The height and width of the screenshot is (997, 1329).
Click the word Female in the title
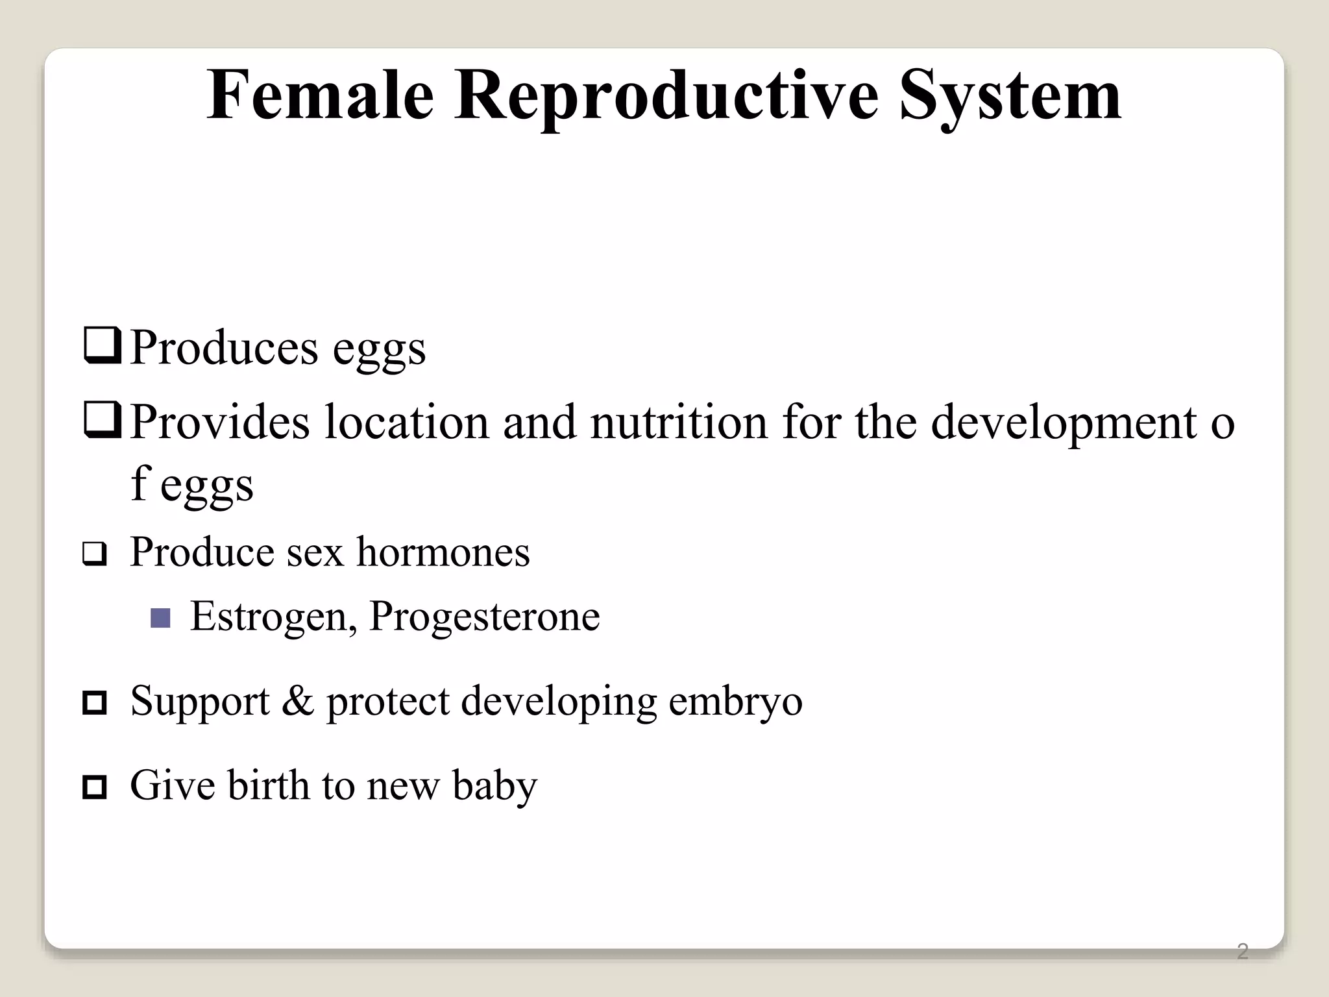coord(320,96)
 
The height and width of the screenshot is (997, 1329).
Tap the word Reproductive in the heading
coord(666,96)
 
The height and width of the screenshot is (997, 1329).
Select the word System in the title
coord(1010,96)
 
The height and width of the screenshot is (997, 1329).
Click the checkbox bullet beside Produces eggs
coord(102,347)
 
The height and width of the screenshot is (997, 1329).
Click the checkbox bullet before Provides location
coord(102,421)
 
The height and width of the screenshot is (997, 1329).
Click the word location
coord(407,422)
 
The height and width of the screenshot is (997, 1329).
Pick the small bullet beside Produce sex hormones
coord(95,554)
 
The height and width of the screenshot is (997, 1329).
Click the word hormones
coord(443,552)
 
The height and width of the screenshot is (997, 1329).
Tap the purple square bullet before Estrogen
coord(160,617)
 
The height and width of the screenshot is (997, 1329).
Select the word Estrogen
coord(273,617)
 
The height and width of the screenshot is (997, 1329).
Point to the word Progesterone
coord(484,617)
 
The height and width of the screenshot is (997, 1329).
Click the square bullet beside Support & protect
coord(95,703)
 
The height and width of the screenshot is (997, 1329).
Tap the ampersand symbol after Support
coord(297,701)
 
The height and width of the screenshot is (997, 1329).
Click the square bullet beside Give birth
coord(95,787)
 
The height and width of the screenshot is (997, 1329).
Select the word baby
coord(494,786)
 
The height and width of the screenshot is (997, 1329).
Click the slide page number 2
coord(1242,952)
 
